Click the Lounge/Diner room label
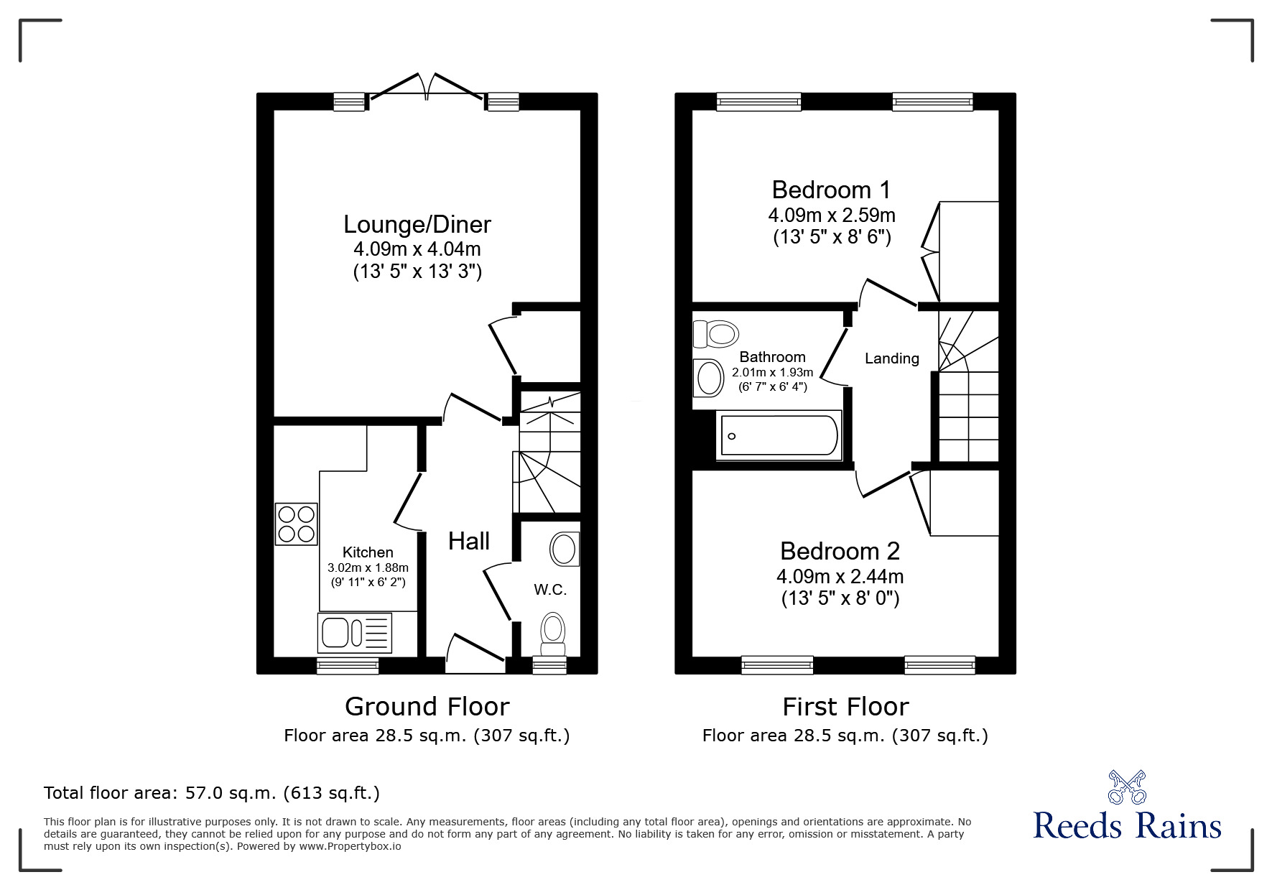417,224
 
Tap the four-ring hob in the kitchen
296,524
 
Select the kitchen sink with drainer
354,633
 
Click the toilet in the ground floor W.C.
552,632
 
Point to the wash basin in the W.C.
565,550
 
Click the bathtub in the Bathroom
779,435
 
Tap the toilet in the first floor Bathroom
715,334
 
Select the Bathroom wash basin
708,378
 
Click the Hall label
469,541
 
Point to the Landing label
891,358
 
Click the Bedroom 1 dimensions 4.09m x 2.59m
831,215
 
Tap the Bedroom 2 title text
840,551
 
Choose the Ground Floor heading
427,707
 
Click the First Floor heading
845,707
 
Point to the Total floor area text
212,793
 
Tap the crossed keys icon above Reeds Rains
1127,787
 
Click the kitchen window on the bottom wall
348,666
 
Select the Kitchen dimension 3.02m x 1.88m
368,567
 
